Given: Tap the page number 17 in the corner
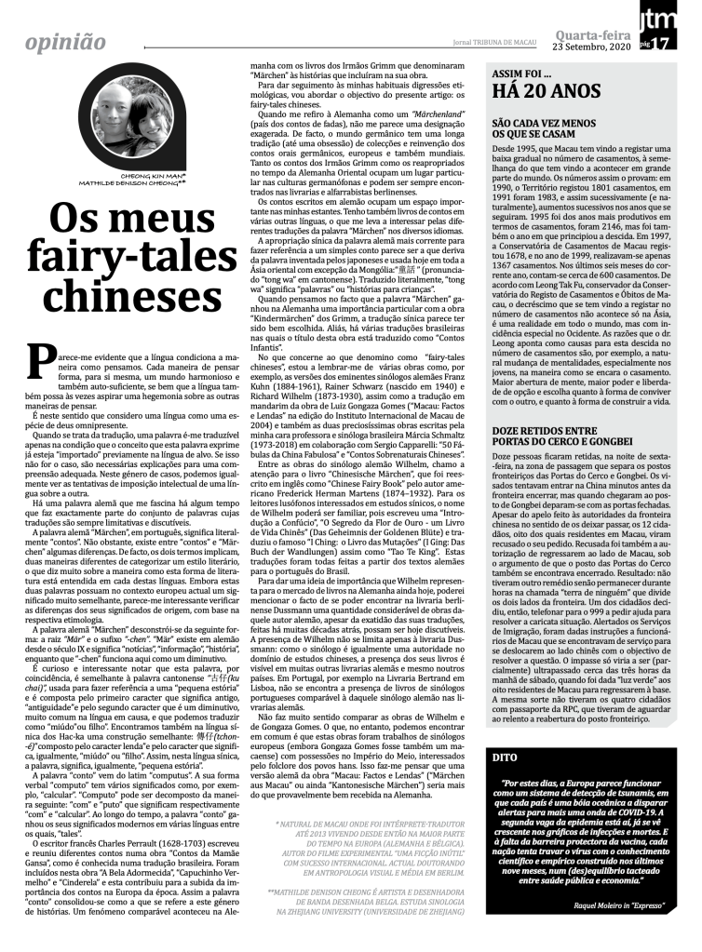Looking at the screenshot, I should pos(685,44).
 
